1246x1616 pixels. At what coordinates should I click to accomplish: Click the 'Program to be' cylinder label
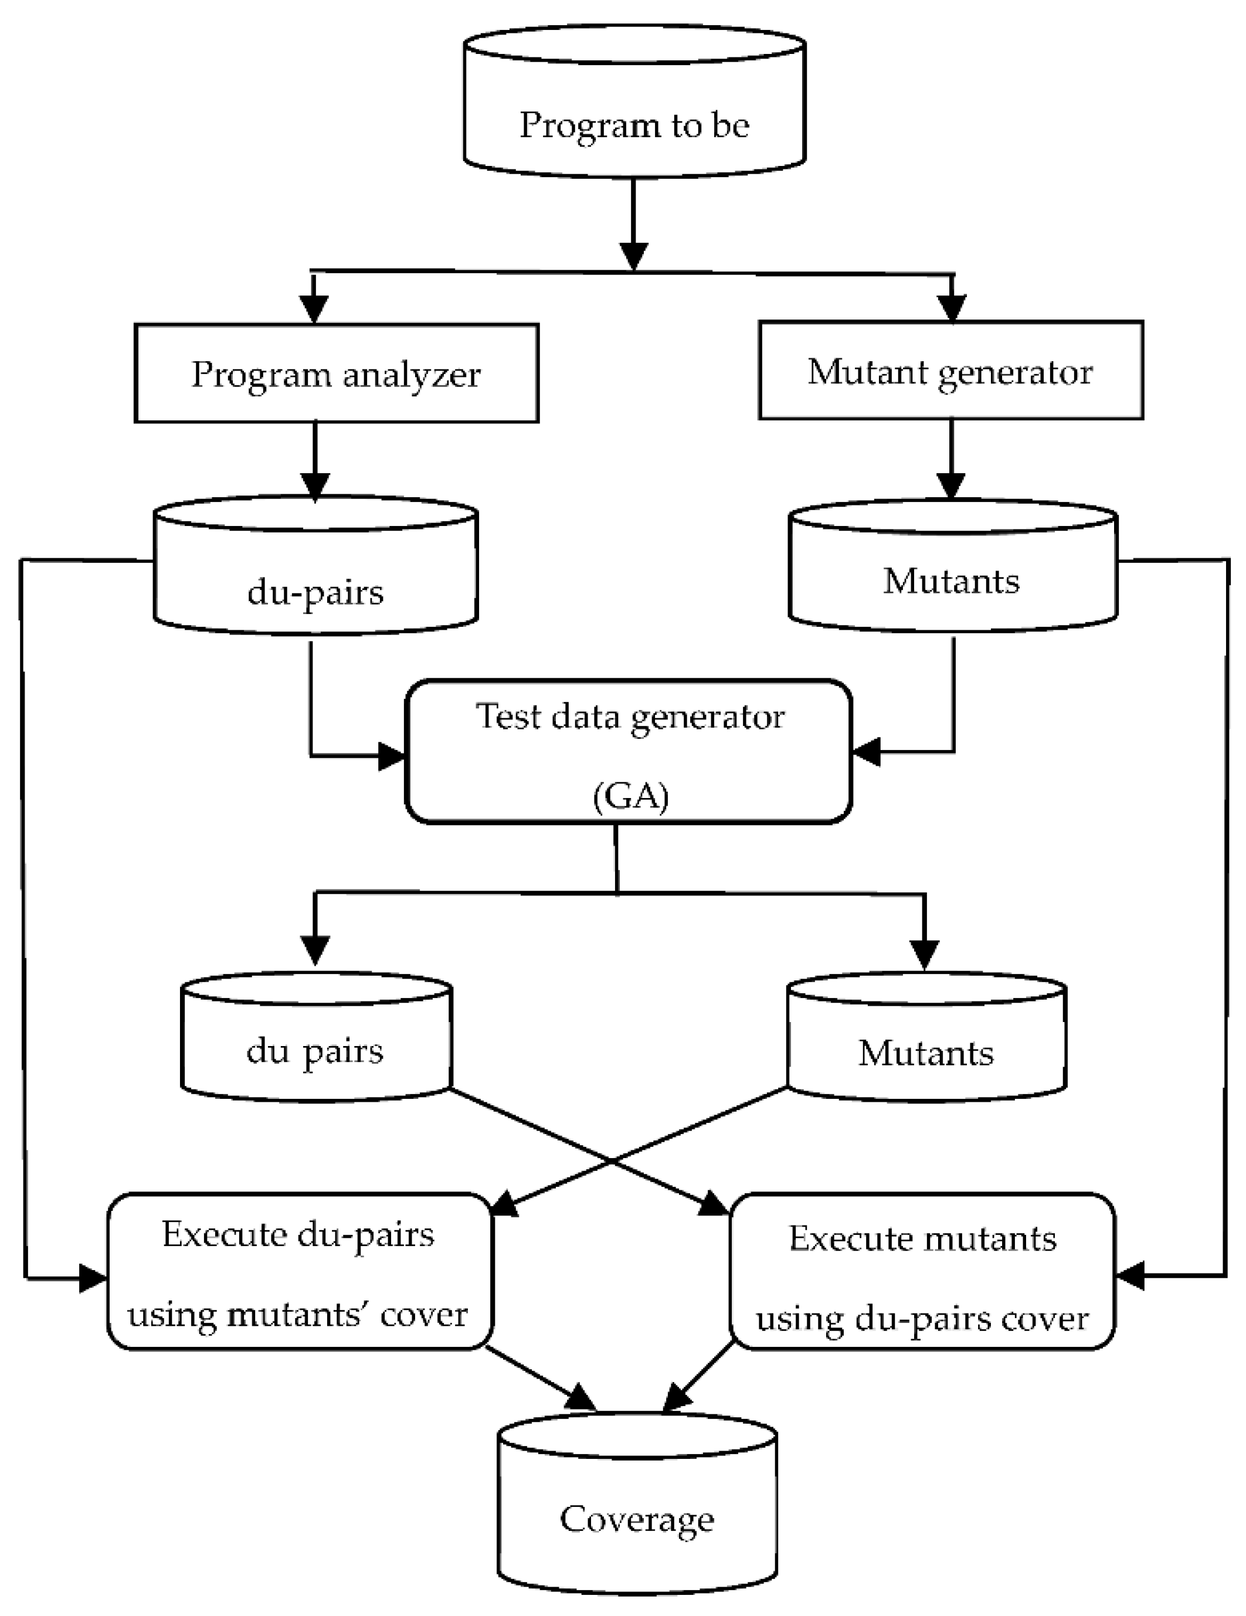(634, 125)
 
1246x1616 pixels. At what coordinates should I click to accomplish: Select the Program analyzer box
(336, 373)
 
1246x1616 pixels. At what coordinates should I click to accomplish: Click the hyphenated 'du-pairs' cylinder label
(315, 592)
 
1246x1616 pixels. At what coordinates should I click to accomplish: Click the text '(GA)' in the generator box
(630, 796)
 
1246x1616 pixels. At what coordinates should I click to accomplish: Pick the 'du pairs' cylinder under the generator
(315, 1051)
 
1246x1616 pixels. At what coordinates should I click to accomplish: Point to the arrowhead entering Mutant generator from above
(952, 308)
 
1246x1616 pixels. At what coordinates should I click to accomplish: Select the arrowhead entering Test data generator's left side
(392, 756)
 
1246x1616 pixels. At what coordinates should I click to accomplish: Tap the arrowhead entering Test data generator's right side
(865, 752)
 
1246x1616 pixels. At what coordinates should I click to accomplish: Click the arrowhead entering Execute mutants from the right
(1129, 1275)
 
